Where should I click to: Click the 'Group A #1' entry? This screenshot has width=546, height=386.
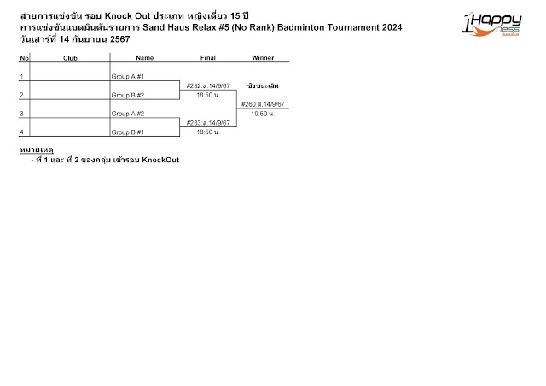coord(128,76)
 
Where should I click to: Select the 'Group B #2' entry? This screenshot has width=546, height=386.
coord(128,95)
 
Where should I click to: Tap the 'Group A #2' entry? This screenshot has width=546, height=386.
coord(128,114)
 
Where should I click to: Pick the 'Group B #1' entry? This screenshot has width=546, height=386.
coord(128,132)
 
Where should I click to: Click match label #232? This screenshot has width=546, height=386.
coord(207,86)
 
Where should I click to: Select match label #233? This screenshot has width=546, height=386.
coord(207,124)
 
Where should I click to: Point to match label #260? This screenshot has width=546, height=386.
coord(263,104)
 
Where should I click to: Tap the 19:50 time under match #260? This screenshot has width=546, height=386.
coord(263,114)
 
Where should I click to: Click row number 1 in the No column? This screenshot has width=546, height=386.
coord(21,76)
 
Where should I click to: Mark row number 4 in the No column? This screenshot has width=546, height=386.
coord(21,132)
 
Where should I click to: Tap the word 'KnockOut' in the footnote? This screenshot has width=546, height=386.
coord(160,160)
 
